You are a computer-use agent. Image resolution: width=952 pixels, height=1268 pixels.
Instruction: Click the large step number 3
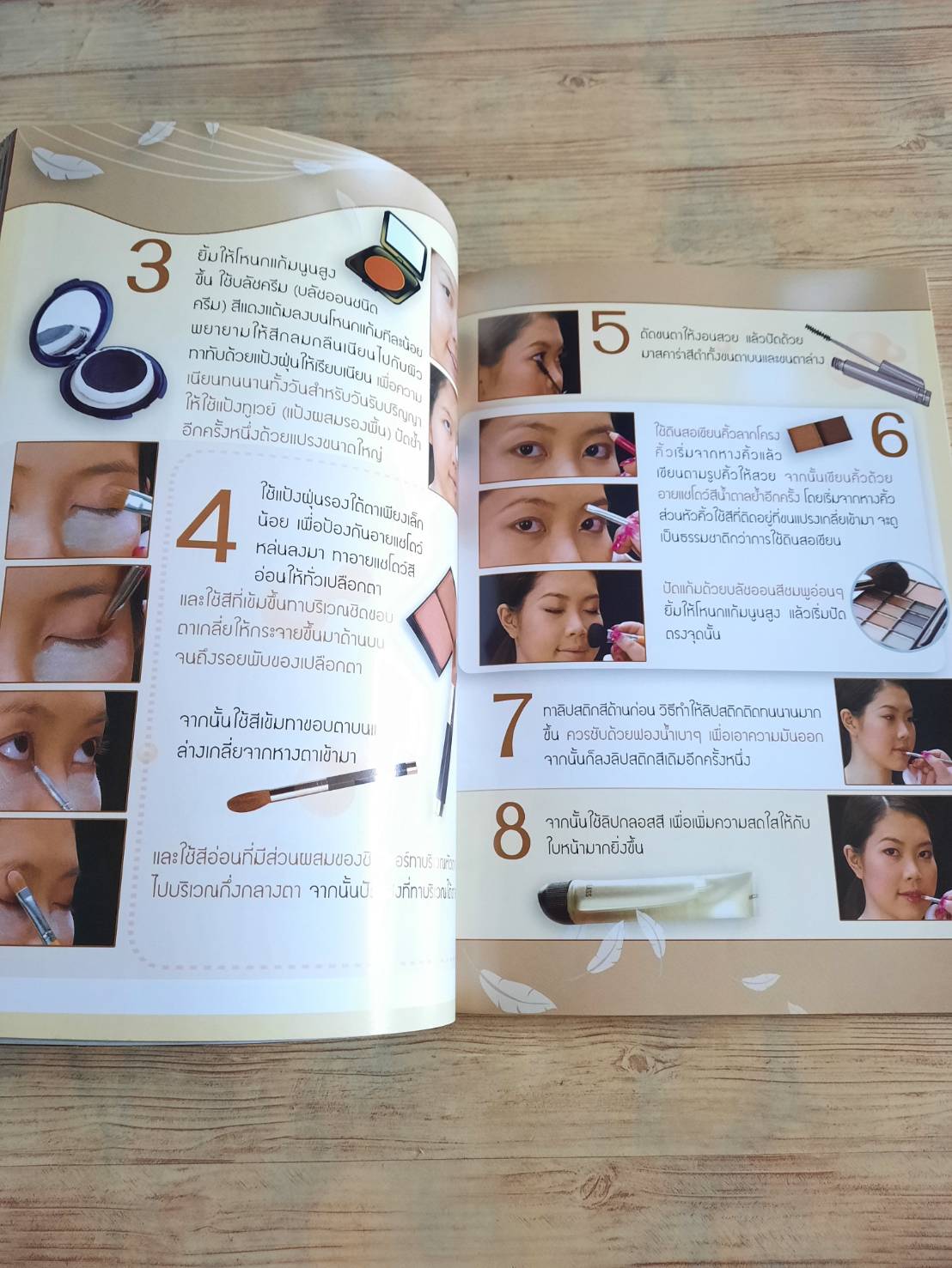[x=150, y=267]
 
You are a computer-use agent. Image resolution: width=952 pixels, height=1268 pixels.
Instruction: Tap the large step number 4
[x=206, y=525]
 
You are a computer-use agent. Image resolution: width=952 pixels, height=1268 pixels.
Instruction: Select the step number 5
[x=609, y=334]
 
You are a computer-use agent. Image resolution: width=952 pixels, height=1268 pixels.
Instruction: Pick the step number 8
[x=512, y=830]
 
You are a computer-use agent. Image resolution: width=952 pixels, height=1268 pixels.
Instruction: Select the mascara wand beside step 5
[x=868, y=364]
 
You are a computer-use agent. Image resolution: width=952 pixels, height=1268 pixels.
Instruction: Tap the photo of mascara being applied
[x=528, y=355]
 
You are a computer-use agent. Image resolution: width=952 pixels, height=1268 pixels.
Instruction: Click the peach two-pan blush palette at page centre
[x=433, y=622]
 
